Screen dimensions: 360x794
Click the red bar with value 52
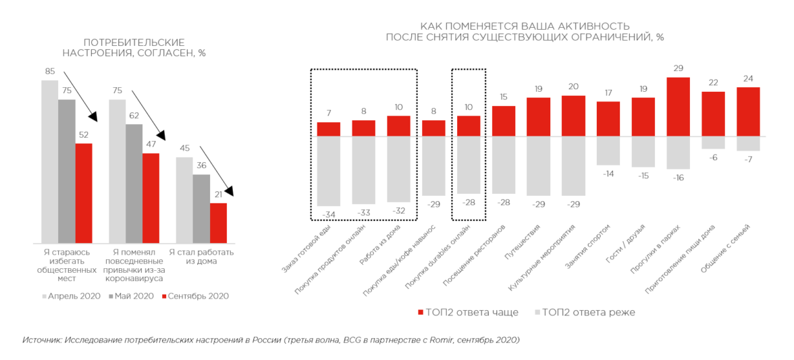pyautogui.click(x=83, y=192)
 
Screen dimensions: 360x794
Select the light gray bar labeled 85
pyautogui.click(x=49, y=161)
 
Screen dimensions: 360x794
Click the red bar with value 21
pyautogui.click(x=218, y=222)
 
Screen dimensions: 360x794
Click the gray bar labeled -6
pyautogui.click(x=713, y=143)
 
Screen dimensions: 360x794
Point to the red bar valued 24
pyautogui.click(x=748, y=111)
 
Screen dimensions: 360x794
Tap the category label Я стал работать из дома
pyautogui.click(x=201, y=257)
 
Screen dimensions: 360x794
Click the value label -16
pyautogui.click(x=677, y=178)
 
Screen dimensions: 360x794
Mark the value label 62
pyautogui.click(x=134, y=115)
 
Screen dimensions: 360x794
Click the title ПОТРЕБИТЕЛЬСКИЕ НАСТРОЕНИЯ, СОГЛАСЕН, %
pyautogui.click(x=134, y=47)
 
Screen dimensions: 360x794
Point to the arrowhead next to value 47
pyautogui.click(x=160, y=136)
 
